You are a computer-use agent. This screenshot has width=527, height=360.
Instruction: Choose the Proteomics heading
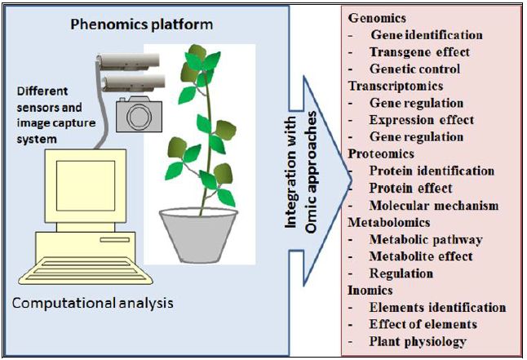(379, 154)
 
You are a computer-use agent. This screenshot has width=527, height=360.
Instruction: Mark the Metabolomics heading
(388, 223)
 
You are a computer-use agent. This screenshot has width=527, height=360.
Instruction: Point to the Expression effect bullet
(421, 121)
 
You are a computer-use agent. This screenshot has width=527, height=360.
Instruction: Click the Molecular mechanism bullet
(433, 206)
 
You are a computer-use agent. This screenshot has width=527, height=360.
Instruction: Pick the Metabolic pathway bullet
(425, 240)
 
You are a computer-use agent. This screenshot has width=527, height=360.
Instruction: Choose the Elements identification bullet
(437, 308)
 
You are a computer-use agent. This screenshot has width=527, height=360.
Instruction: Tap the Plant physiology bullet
(418, 342)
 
